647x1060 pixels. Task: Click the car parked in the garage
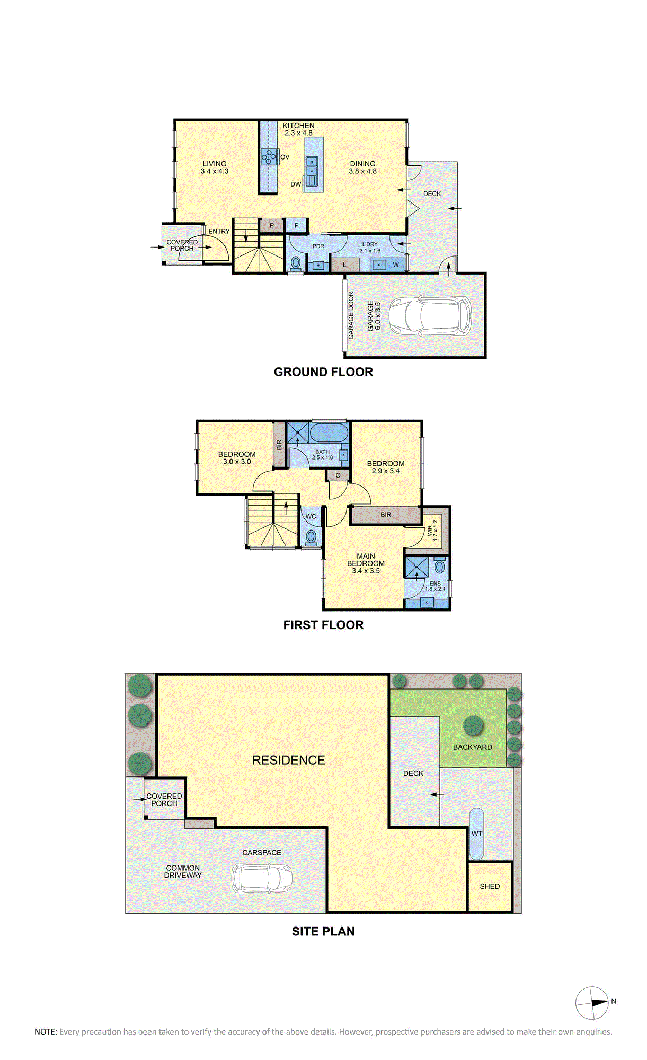tap(430, 316)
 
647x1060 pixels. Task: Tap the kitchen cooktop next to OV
tap(269, 157)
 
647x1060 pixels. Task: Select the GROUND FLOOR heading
tap(323, 372)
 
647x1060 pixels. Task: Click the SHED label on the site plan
tap(490, 886)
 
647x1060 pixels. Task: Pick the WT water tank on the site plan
tap(476, 833)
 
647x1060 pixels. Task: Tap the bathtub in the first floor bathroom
tap(329, 432)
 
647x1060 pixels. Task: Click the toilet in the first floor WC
tap(312, 536)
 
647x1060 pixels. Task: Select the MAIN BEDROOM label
tap(366, 563)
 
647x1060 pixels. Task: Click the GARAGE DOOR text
tap(351, 315)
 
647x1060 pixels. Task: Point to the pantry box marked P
tap(272, 225)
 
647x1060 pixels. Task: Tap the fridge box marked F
tap(296, 225)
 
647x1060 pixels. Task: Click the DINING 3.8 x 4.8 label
tap(362, 167)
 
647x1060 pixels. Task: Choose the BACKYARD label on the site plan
tap(472, 747)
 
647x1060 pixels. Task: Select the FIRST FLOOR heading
tap(323, 625)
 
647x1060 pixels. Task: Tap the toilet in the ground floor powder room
tap(296, 262)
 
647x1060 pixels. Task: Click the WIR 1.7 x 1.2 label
tap(432, 530)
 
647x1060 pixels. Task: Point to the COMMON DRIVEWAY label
tap(183, 871)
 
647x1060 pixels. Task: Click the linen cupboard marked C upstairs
tap(338, 475)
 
